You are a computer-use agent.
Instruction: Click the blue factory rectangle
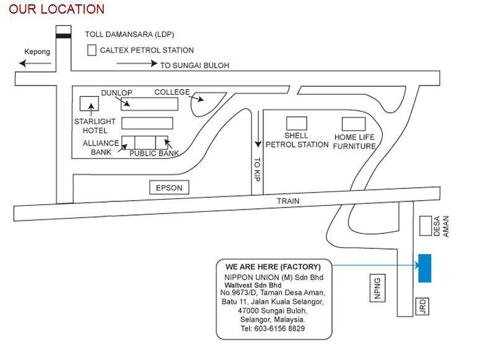click(x=424, y=268)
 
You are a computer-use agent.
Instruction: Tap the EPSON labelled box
click(x=169, y=188)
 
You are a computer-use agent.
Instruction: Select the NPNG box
click(x=377, y=288)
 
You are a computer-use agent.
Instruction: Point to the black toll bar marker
click(x=63, y=36)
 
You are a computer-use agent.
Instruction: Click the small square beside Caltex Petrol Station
click(x=92, y=50)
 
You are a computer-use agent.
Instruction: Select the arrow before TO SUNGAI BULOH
click(x=136, y=64)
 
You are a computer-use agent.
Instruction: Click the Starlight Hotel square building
click(x=90, y=104)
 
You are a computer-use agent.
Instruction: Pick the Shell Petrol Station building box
click(x=296, y=123)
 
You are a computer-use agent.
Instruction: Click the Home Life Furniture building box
click(x=354, y=124)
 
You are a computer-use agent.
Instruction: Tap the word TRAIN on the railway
click(x=287, y=201)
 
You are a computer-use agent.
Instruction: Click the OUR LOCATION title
click(x=56, y=9)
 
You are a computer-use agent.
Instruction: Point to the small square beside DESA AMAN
click(x=425, y=226)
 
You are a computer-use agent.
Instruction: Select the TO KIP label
click(x=258, y=169)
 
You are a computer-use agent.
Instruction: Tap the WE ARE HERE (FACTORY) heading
click(x=273, y=267)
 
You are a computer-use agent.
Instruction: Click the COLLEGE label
click(x=172, y=92)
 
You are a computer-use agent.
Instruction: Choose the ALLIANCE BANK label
click(x=100, y=147)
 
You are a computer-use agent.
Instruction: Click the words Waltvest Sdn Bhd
click(x=253, y=285)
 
